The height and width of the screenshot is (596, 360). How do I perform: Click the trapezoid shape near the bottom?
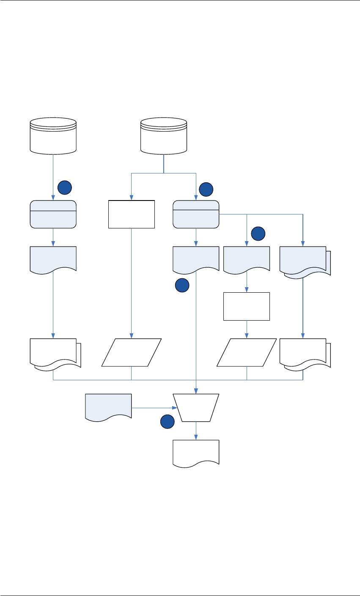[x=196, y=408]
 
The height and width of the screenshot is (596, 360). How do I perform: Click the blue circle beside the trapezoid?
[x=167, y=422]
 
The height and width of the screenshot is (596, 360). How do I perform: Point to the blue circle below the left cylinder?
[x=64, y=187]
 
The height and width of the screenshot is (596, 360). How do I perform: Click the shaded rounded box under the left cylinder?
[x=53, y=214]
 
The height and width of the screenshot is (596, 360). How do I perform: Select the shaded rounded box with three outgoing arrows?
[x=196, y=214]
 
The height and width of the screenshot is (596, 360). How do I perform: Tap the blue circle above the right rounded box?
[x=206, y=190]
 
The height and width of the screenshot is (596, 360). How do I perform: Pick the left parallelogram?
[x=132, y=352]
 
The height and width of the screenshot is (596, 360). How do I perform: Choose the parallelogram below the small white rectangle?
[x=247, y=352]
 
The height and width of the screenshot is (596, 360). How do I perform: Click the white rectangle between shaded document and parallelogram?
[x=247, y=306]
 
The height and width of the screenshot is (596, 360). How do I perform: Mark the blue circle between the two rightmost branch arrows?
[x=258, y=233]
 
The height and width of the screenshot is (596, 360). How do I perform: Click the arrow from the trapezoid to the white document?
[x=196, y=431]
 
